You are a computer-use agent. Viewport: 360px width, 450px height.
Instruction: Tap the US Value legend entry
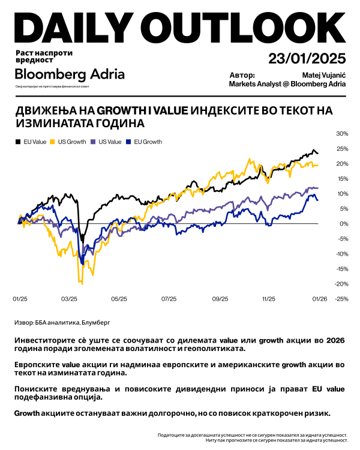109,142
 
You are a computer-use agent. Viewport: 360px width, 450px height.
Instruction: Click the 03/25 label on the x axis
69,298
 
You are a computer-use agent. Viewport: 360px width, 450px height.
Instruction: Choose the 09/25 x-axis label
220,298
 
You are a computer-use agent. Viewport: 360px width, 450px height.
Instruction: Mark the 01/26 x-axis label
319,298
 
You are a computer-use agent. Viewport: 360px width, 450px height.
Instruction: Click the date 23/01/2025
307,58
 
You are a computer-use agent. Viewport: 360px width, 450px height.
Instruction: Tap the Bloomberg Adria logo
70,74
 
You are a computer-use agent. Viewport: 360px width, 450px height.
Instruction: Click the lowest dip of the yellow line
82,283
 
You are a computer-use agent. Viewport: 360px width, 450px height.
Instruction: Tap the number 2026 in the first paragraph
336,340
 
